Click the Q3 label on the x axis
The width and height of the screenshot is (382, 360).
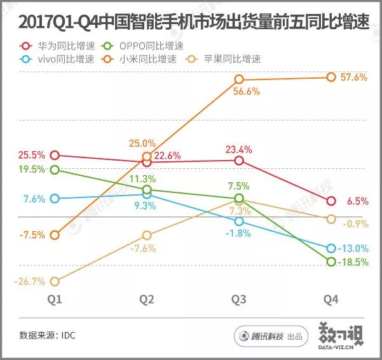point(239,299)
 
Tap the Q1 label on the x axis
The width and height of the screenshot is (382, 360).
point(55,299)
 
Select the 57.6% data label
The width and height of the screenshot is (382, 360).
point(355,77)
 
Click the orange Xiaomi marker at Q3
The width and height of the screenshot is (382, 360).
point(239,79)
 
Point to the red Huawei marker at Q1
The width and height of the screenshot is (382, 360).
point(55,155)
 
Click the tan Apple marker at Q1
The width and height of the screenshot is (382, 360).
point(55,281)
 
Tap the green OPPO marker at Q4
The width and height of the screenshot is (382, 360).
point(331,262)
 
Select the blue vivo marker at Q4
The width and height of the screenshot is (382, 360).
point(331,248)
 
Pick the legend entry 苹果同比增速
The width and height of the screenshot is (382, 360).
point(229,60)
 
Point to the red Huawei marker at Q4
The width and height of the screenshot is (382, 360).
point(331,201)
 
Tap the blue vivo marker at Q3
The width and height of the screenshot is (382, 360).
point(239,221)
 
